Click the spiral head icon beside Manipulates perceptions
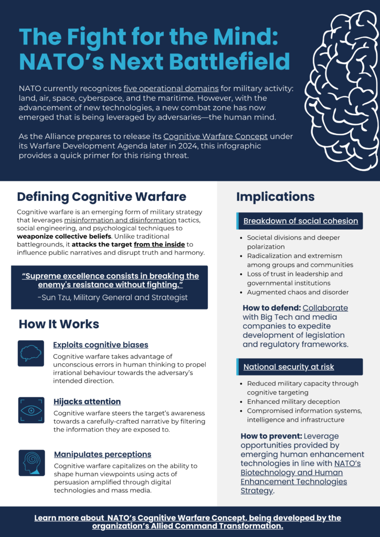pyautogui.click(x=31, y=463)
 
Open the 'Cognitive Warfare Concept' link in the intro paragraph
pyautogui.click(x=216, y=136)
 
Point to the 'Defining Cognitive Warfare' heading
pyautogui.click(x=101, y=197)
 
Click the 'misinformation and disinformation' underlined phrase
pyautogui.click(x=124, y=220)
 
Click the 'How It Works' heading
pyautogui.click(x=59, y=324)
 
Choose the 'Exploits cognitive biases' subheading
pyautogui.click(x=100, y=345)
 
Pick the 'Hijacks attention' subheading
pyautogui.click(x=87, y=401)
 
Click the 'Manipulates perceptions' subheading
pyautogui.click(x=102, y=454)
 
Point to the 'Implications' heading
pyautogui.click(x=275, y=197)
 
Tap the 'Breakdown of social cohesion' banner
pyautogui.click(x=300, y=221)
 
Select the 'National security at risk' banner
pyautogui.click(x=289, y=367)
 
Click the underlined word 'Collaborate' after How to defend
pyautogui.click(x=325, y=308)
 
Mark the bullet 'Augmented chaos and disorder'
pyautogui.click(x=298, y=292)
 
